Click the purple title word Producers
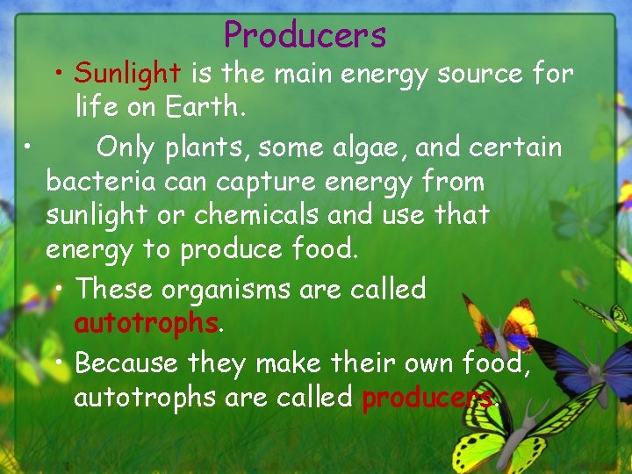click(305, 35)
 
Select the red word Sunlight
click(126, 74)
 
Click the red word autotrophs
click(145, 323)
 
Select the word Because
click(128, 362)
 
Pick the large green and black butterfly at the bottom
click(518, 434)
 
